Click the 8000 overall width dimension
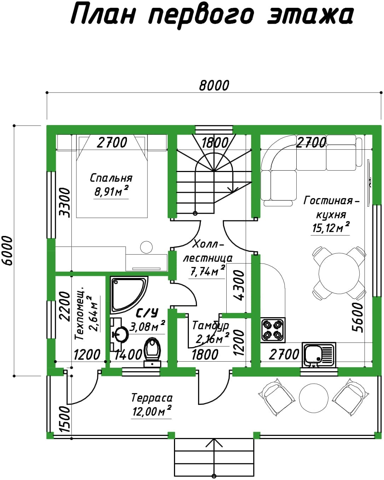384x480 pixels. pos(214,85)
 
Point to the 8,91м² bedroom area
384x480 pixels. pos(111,191)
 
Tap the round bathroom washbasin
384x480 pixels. pos(121,334)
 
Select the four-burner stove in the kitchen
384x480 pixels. pos(273,330)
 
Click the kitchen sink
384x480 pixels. pos(319,355)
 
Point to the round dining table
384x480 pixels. pos(339,273)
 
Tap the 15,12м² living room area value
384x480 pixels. pos(330,227)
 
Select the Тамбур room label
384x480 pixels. pos(210,326)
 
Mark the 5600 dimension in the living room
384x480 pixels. pos(357,318)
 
